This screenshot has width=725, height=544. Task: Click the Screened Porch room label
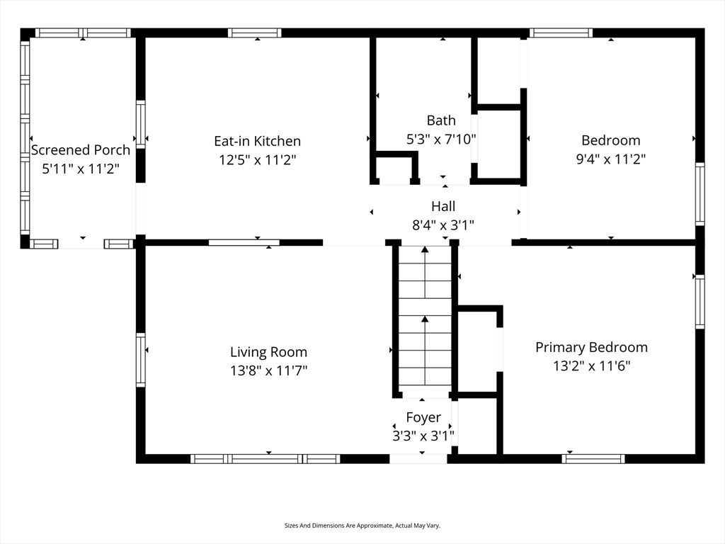[x=81, y=150]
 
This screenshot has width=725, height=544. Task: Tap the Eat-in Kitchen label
[x=257, y=141]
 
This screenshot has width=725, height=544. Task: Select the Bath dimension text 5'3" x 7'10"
[x=441, y=139]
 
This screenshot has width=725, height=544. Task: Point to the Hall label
[x=443, y=206]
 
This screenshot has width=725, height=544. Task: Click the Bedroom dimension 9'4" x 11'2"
[x=611, y=159]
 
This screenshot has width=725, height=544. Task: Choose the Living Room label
[x=268, y=352]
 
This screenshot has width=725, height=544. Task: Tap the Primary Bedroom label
[x=591, y=347]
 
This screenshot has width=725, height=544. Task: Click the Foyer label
[x=423, y=417]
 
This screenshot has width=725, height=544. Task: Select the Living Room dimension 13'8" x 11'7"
[x=268, y=370]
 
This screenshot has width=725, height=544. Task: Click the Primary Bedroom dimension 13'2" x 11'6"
[x=591, y=366]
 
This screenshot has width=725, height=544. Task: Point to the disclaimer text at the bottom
[x=362, y=526]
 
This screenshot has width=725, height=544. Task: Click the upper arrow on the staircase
[x=425, y=272]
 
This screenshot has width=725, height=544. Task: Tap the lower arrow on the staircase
[x=425, y=350]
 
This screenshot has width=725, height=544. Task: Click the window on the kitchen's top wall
[x=254, y=33]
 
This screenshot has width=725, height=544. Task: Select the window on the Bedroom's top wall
[x=561, y=33]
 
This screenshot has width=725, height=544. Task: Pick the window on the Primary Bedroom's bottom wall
[x=593, y=459]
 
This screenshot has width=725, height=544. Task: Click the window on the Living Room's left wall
[x=141, y=360]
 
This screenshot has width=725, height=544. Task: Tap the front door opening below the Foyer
[x=418, y=459]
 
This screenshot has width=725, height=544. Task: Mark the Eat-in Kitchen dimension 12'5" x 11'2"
[x=257, y=160]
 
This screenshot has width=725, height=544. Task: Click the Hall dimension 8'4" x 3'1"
[x=443, y=225]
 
